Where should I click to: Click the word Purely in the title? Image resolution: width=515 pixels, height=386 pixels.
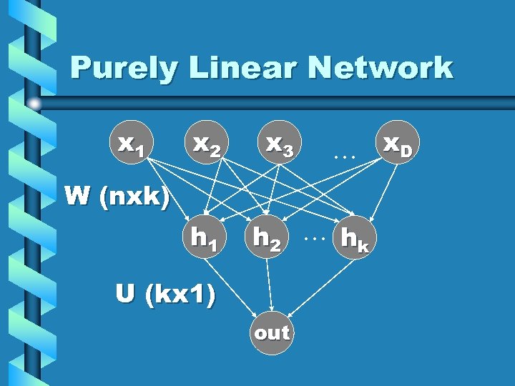pyautogui.click(x=115, y=69)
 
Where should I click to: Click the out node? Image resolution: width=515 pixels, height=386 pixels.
pyautogui.click(x=272, y=332)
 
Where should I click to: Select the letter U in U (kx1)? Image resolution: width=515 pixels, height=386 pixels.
pyautogui.click(x=127, y=294)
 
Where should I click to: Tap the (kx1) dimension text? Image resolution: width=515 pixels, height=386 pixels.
pyautogui.click(x=178, y=295)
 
